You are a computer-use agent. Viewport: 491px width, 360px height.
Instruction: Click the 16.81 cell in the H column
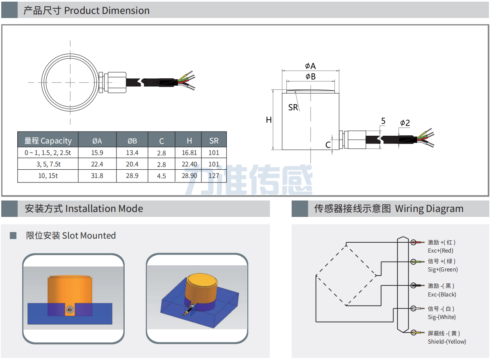tap(189, 153)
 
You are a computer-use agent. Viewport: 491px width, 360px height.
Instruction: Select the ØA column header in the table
tap(97, 141)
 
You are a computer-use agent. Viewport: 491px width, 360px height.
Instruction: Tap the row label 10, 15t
tap(48, 176)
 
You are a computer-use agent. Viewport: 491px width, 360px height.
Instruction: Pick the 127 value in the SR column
tap(214, 176)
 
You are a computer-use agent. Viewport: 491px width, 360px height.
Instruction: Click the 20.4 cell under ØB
tap(132, 164)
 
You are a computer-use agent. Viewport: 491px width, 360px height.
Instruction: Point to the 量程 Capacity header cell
tap(48, 141)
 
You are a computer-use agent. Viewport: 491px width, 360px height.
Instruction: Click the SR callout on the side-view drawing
tap(293, 107)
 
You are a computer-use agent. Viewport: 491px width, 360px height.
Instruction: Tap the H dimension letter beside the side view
tap(269, 120)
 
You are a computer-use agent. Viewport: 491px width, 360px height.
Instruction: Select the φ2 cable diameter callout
tap(405, 123)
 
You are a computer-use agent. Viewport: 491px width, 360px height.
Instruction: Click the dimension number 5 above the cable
tap(383, 121)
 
